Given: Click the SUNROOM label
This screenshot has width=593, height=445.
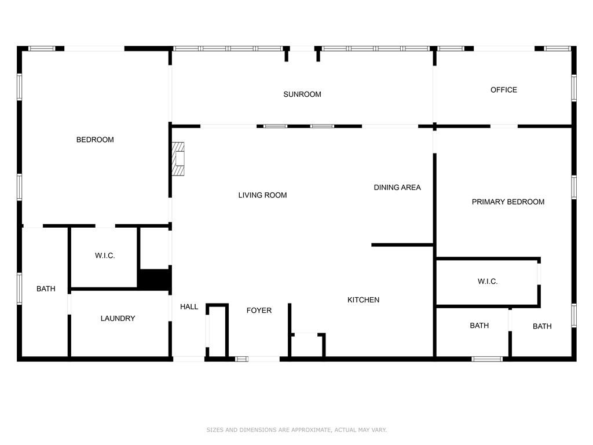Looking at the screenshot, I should coord(302,94).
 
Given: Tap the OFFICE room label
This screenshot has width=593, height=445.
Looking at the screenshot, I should coord(503,90).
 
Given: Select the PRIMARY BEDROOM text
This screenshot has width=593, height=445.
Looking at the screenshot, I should coord(508,202).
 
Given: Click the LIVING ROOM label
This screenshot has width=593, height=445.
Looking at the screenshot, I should coord(262,195).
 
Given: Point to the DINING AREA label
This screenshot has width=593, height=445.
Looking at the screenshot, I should coord(397,187).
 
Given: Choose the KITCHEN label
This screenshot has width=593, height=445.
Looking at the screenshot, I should coord(363,300).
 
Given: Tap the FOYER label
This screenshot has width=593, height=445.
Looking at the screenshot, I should coord(259,311).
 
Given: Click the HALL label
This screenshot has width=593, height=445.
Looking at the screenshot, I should coord(189,307).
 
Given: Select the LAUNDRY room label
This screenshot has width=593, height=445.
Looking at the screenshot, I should coord(118,318).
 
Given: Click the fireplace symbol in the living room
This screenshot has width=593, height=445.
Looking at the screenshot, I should coord(178,159).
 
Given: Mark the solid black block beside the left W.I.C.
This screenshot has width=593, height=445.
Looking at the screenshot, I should coord(153,279).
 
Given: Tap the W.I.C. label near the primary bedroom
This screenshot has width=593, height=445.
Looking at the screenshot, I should coord(487,282).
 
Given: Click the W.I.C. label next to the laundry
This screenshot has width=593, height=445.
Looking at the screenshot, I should coord(105,256).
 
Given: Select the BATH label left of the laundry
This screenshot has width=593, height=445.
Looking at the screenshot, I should coord(46,289).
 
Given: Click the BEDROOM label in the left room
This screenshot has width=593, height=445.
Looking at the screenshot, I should coord(95,140).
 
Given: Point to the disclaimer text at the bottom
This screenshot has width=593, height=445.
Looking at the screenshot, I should coord(296,430).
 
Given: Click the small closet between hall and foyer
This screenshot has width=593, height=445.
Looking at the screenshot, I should coord(218,331).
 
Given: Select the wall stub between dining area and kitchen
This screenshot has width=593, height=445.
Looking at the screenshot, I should coord(402,245).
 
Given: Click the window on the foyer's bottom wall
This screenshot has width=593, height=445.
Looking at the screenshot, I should coord(241,359).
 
